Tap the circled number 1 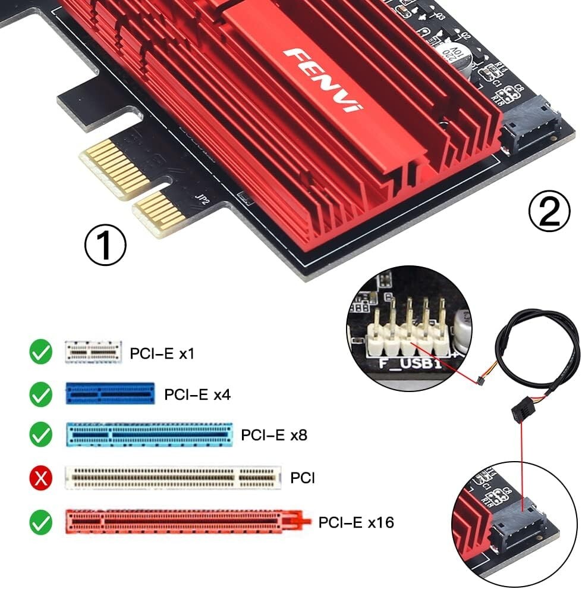(x=105, y=246)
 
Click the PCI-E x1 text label (x=162, y=354)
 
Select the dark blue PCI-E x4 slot (x=110, y=394)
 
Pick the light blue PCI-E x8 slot (x=149, y=435)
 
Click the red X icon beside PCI (x=41, y=477)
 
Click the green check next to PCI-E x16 (x=41, y=522)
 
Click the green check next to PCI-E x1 (x=41, y=353)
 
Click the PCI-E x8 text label (x=274, y=435)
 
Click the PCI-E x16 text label (x=356, y=522)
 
